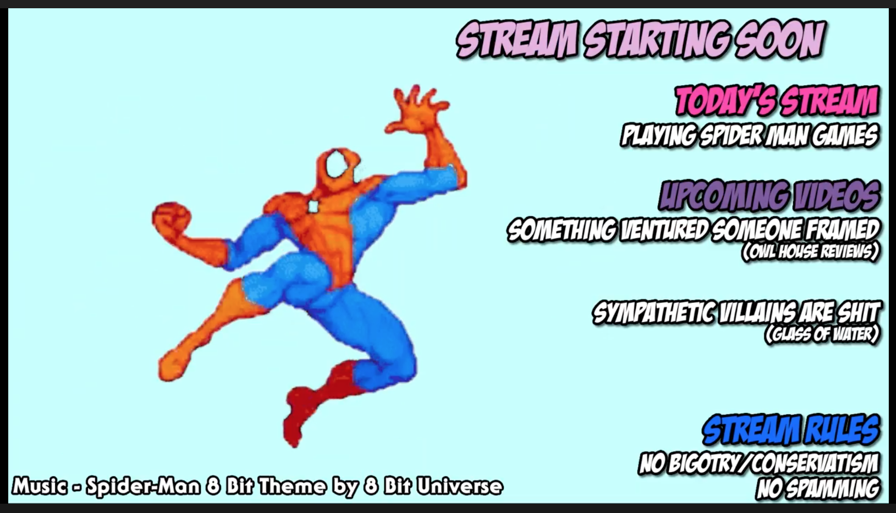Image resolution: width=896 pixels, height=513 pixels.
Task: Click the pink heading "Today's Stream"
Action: pyautogui.click(x=777, y=101)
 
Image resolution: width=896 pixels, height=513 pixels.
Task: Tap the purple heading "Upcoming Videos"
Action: pyautogui.click(x=770, y=196)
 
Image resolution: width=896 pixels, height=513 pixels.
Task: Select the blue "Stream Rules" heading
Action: pyautogui.click(x=791, y=429)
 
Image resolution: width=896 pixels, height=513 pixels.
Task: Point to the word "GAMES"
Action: pyautogui.click(x=845, y=136)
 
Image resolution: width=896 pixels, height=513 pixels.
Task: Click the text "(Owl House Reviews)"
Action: pyautogui.click(x=810, y=252)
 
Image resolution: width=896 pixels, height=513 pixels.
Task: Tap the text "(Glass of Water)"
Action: pyautogui.click(x=822, y=334)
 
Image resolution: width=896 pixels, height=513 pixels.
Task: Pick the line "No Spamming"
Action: pyautogui.click(x=818, y=489)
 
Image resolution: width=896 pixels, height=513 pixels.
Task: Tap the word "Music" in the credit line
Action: pyautogui.click(x=40, y=486)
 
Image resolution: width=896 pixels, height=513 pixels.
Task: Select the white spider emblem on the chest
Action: pyautogui.click(x=313, y=206)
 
